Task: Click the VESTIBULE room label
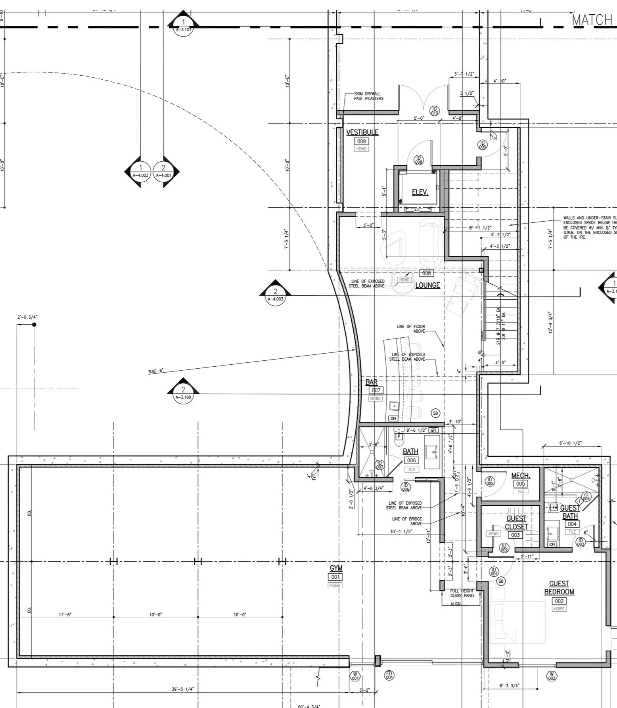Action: click(362, 132)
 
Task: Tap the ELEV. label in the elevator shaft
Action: click(420, 192)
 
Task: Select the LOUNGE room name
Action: click(427, 285)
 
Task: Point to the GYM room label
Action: click(336, 568)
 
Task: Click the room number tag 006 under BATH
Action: click(411, 460)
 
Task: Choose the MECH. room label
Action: click(521, 475)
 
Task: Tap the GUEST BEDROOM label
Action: click(559, 587)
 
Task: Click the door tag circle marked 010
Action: click(434, 111)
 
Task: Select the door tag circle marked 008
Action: click(418, 160)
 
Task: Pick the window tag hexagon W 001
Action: click(355, 676)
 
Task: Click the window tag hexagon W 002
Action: click(551, 676)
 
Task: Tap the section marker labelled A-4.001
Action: click(163, 172)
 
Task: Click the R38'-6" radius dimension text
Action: click(156, 371)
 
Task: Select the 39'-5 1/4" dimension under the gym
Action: click(183, 689)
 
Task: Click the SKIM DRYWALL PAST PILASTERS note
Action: click(368, 96)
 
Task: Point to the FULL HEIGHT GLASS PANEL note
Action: click(462, 593)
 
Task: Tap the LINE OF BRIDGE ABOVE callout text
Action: click(407, 521)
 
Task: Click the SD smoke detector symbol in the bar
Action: click(435, 413)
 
